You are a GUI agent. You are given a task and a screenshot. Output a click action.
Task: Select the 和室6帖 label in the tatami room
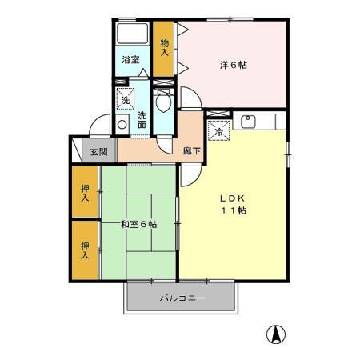pyautogui.click(x=138, y=224)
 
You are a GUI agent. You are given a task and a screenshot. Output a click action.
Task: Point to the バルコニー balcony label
pyautogui.click(x=182, y=298)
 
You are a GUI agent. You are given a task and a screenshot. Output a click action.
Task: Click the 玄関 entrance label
pyautogui.click(x=98, y=152)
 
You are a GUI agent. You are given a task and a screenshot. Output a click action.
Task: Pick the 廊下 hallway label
pyautogui.click(x=191, y=150)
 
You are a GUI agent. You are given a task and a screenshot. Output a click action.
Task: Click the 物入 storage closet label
pyautogui.click(x=165, y=48)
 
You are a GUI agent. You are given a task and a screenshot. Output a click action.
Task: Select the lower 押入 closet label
pyautogui.click(x=86, y=249)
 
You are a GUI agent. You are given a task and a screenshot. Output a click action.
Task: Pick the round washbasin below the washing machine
pyautogui.click(x=123, y=125)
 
